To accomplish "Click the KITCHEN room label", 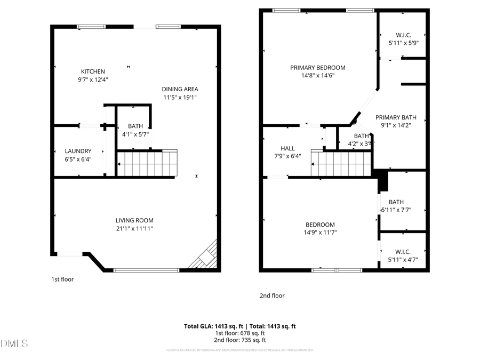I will click(93, 71).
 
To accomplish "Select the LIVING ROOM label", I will click(134, 220).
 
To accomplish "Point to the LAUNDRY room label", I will click(78, 151).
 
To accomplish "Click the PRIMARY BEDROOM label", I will click(317, 68).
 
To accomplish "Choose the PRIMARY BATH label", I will click(395, 117).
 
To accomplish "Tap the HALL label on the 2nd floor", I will click(287, 148).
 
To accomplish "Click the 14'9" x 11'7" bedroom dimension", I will click(320, 232).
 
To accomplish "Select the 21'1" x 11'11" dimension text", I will click(134, 228).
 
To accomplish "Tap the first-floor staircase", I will click(147, 163).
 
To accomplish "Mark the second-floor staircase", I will click(341, 163).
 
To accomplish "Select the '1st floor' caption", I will click(62, 279).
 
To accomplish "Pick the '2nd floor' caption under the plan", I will click(272, 295).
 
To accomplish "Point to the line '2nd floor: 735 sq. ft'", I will click(240, 340).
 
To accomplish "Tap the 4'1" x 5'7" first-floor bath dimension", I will click(135, 134).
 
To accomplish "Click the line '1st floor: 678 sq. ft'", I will click(240, 333).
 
